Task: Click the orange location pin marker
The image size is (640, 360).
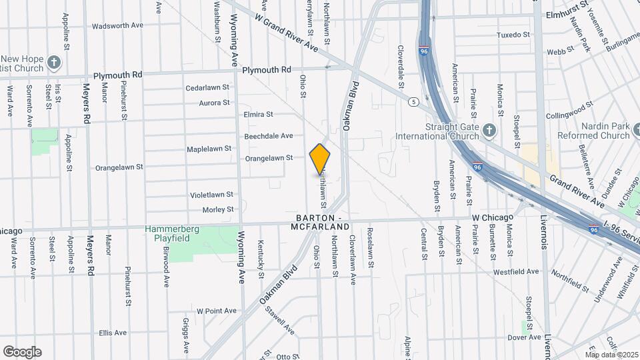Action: pyautogui.click(x=320, y=159)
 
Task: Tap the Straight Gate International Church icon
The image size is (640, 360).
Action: pyautogui.click(x=489, y=131)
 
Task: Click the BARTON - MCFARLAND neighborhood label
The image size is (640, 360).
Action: pyautogui.click(x=319, y=223)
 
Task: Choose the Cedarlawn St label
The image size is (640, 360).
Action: pyautogui.click(x=207, y=87)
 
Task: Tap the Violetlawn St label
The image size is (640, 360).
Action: pyautogui.click(x=211, y=195)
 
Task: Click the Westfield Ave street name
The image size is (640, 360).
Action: pyautogui.click(x=515, y=272)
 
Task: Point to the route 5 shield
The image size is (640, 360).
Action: pyautogui.click(x=414, y=101)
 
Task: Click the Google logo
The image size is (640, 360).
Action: pyautogui.click(x=22, y=351)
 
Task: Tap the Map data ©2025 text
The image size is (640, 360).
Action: pyautogui.click(x=611, y=354)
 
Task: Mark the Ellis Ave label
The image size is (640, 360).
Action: pyautogui.click(x=113, y=333)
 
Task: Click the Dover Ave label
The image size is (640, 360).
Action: pyautogui.click(x=523, y=337)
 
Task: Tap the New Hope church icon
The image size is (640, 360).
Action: pyautogui.click(x=55, y=64)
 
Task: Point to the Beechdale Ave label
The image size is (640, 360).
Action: pyautogui.click(x=268, y=136)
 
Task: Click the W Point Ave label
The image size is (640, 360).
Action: pyautogui.click(x=216, y=311)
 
